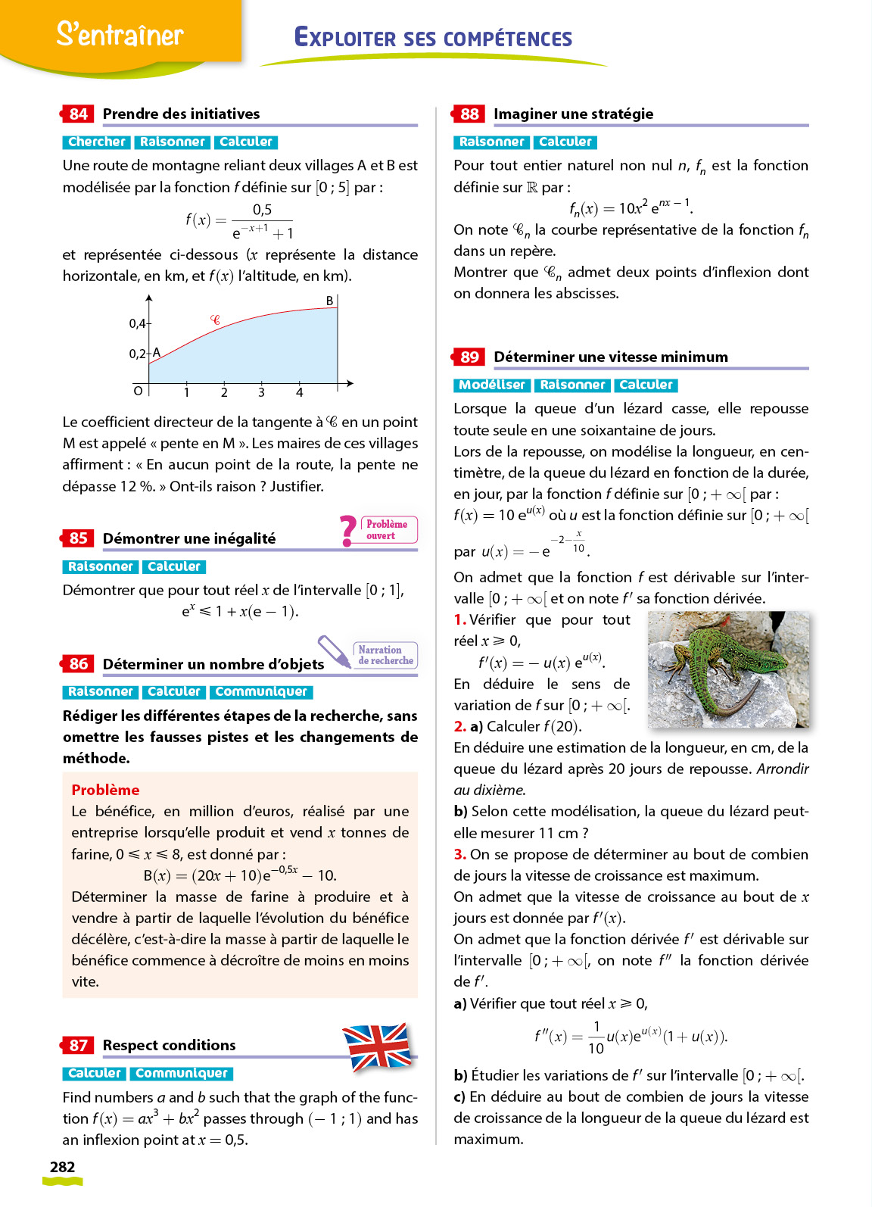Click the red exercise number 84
click(x=78, y=114)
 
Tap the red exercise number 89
click(x=469, y=357)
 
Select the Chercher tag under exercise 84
click(x=97, y=142)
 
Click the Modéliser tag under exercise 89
click(x=491, y=385)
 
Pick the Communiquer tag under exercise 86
click(x=261, y=691)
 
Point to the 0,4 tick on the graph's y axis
click(x=137, y=323)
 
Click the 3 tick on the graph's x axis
click(x=261, y=392)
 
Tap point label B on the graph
click(x=329, y=301)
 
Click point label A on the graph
click(x=157, y=352)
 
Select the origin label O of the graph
click(x=138, y=391)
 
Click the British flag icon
click(x=377, y=1046)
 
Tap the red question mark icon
click(x=348, y=530)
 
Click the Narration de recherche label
click(x=385, y=655)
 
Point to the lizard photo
click(x=728, y=669)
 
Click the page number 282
click(x=62, y=1167)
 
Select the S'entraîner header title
click(x=120, y=34)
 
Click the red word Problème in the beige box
click(x=105, y=790)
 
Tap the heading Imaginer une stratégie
click(x=573, y=114)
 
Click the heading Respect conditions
click(x=169, y=1045)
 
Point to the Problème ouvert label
click(x=386, y=529)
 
